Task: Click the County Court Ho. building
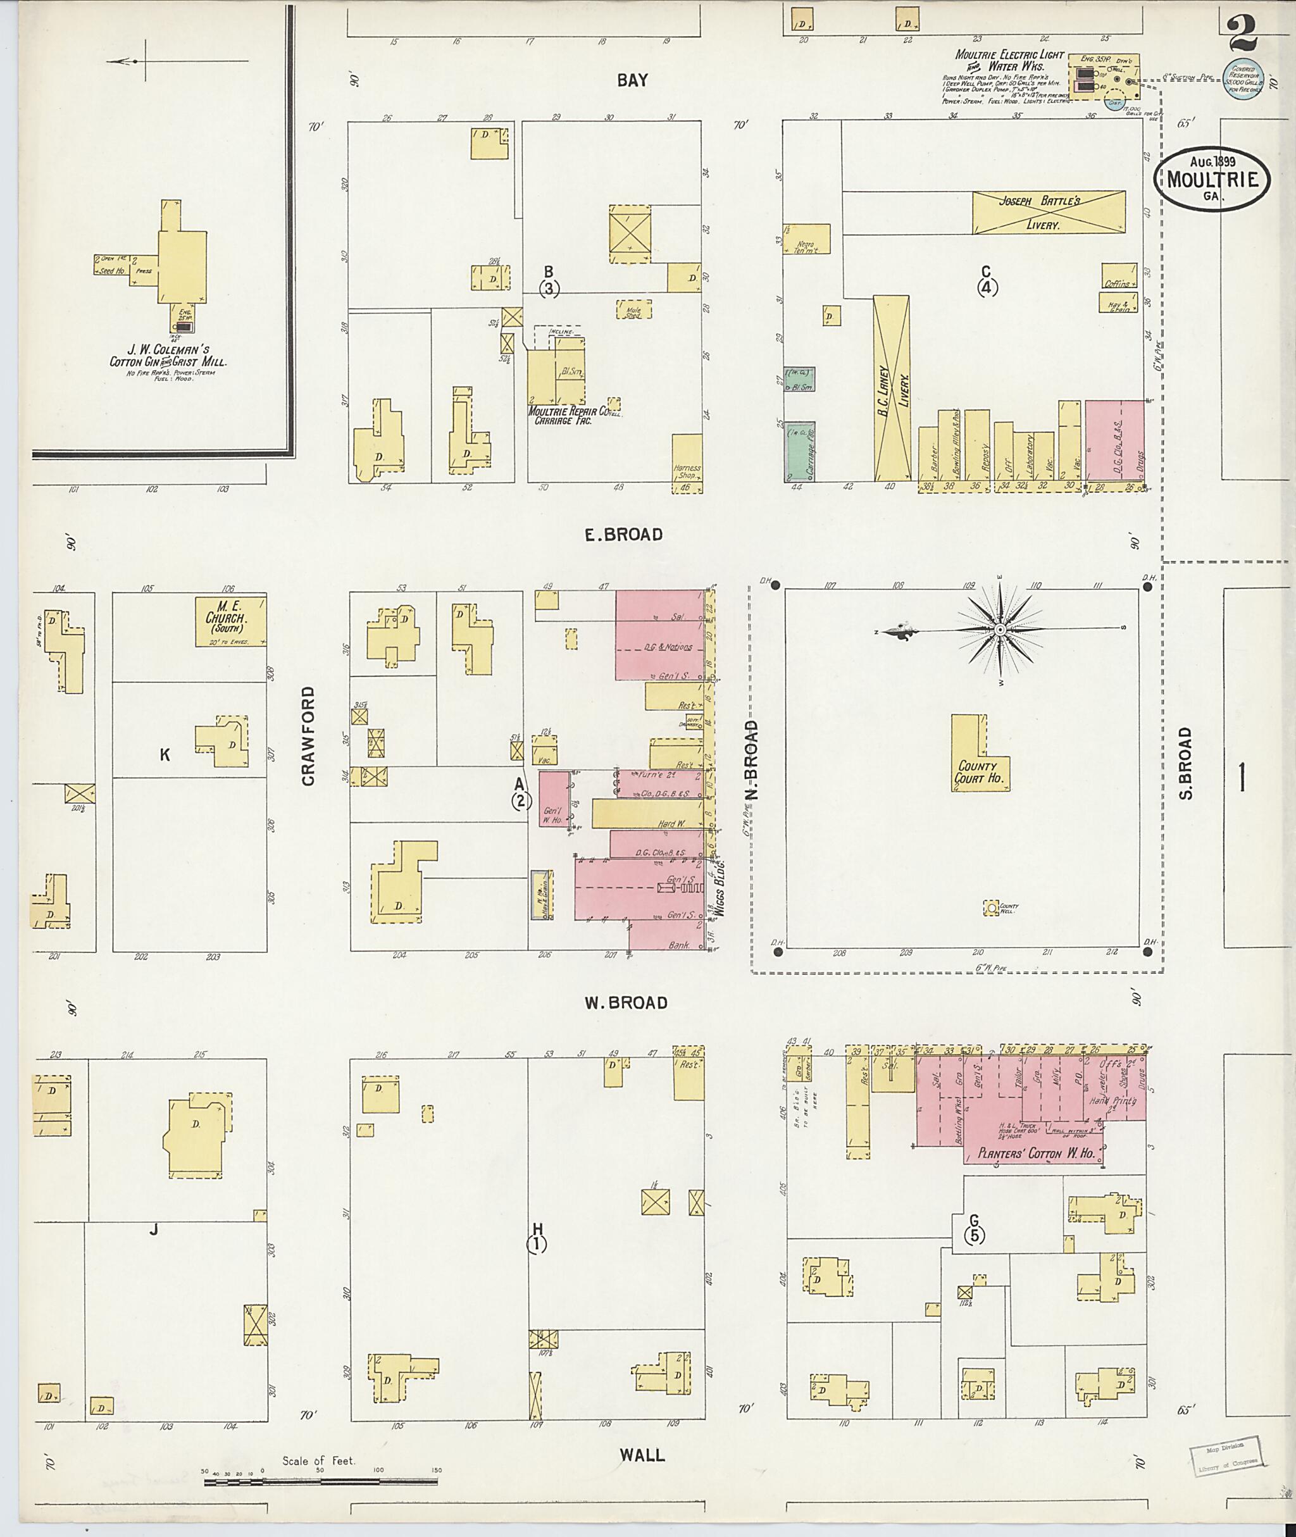tap(978, 771)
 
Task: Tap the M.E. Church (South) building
tap(230, 621)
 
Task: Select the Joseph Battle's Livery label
tap(1049, 213)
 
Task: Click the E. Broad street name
tap(623, 535)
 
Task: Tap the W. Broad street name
tap(626, 1003)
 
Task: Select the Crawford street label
tap(308, 735)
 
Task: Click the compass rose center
tap(1000, 630)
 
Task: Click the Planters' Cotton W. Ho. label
tap(1036, 1154)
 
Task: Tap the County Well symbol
tap(992, 908)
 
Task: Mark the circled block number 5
tap(975, 1236)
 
